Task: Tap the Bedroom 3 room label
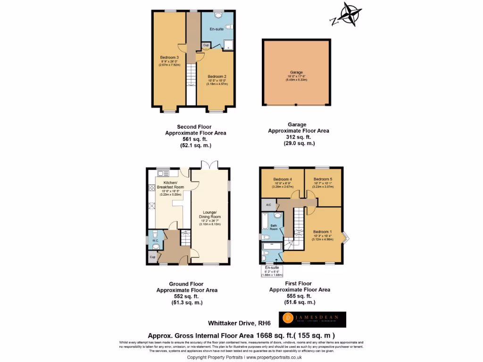[x=170, y=58]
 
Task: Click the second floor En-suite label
[x=217, y=29]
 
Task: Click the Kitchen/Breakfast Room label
[x=170, y=185]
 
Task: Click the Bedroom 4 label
[x=283, y=179]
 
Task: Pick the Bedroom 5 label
[x=323, y=179]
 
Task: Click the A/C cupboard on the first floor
[x=268, y=205]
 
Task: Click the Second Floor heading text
[x=194, y=127]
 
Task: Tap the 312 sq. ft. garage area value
[x=299, y=137]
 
